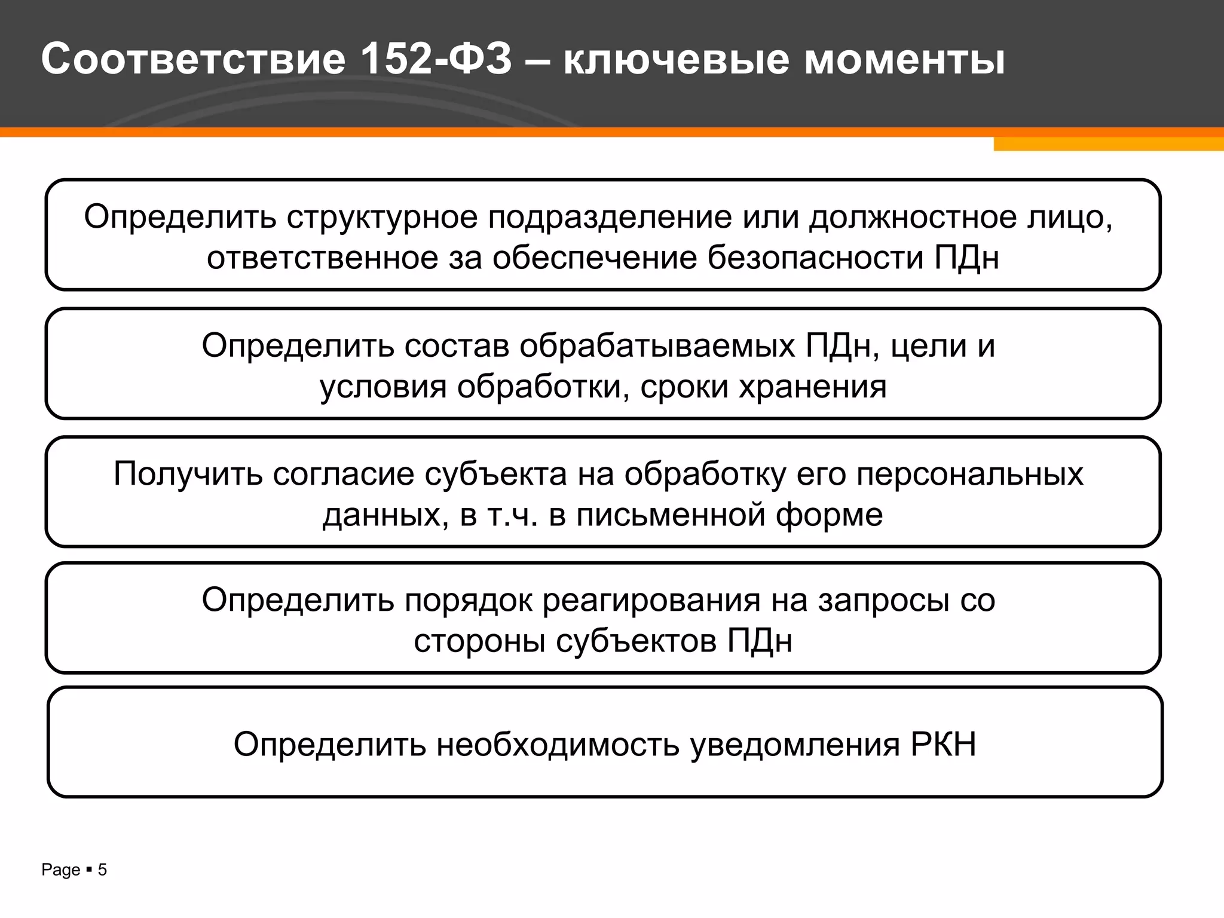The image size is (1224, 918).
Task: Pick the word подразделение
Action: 610,217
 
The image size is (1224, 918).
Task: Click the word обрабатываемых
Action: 657,346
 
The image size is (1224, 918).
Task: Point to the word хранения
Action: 813,387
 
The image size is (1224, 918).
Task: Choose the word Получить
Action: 188,475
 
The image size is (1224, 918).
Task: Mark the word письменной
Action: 671,515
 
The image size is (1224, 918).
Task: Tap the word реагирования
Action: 651,600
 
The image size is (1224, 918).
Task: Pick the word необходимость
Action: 558,745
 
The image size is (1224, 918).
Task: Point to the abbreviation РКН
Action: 943,745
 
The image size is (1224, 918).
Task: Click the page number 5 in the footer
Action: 102,870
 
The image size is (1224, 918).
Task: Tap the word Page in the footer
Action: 60,870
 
